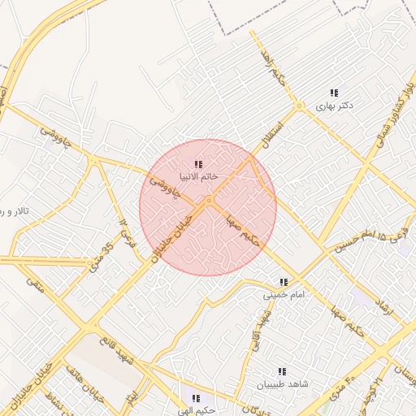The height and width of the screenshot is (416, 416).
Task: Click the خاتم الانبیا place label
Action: (198, 177)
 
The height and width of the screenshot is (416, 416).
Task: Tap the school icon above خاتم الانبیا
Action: (198, 164)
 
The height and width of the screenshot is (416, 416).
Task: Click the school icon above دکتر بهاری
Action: (334, 93)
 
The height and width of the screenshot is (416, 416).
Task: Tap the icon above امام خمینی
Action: (284, 282)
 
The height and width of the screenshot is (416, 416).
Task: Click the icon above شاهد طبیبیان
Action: (282, 371)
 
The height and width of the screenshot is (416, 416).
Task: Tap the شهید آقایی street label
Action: (261, 332)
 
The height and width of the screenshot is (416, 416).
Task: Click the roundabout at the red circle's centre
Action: (209, 200)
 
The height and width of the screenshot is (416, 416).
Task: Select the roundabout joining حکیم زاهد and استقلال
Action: (299, 106)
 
